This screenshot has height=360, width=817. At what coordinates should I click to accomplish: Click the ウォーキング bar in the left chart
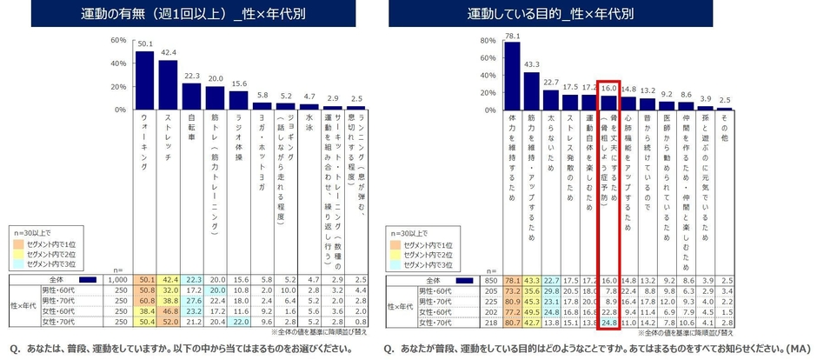pos(145,81)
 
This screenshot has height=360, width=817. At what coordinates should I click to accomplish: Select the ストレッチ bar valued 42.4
pos(168,85)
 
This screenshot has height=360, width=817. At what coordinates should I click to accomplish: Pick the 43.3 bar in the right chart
pos(532,91)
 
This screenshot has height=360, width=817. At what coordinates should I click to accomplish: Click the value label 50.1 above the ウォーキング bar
pos(145,44)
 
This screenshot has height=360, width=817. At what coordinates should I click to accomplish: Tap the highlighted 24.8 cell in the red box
pos(608,322)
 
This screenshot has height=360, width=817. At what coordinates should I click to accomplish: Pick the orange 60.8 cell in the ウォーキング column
pos(145,301)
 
